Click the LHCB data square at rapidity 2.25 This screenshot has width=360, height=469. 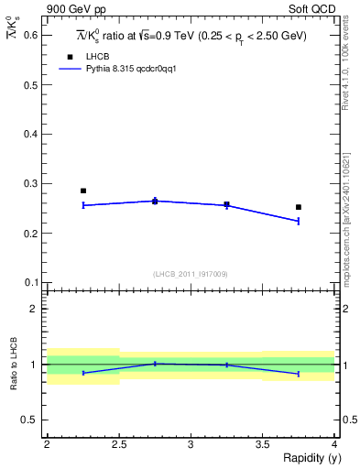coord(83,191)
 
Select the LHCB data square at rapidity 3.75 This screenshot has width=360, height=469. coord(299,207)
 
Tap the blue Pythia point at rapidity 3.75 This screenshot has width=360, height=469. coord(299,221)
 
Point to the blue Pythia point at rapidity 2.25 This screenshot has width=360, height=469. coord(83,205)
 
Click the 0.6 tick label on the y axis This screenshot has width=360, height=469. coord(32,35)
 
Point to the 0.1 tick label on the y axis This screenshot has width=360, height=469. coord(32,282)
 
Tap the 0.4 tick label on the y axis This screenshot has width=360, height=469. coord(32,134)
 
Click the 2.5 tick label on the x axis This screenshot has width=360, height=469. coord(118,444)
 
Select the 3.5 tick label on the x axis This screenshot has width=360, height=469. coord(262,444)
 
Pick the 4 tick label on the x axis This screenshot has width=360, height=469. coord(333,444)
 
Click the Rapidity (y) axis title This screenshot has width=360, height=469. coord(305,458)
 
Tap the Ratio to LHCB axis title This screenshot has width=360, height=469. coord(13,365)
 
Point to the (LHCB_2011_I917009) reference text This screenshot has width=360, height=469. coord(190,274)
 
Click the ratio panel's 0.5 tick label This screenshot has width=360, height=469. coord(32,420)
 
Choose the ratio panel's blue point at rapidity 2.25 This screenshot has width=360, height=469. coord(83,373)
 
